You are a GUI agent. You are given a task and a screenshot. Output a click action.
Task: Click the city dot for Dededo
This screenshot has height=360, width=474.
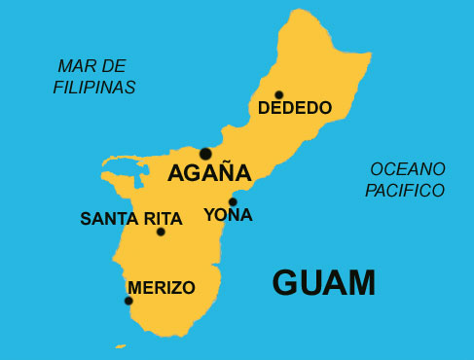tap(278, 95)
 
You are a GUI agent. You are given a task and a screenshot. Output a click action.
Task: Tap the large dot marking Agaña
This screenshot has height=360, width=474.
tap(205, 153)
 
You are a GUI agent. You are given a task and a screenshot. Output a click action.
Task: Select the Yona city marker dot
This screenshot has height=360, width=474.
tap(233, 202)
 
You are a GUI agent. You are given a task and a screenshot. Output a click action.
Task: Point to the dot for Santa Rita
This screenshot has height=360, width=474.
tap(161, 232)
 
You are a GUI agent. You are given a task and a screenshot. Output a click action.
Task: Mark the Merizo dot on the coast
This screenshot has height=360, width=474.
tap(128, 301)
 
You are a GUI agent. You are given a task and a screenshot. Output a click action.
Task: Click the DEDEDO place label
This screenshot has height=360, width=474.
tap(295, 108)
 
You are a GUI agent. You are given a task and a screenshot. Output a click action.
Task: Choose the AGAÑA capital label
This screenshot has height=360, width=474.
tap(209, 174)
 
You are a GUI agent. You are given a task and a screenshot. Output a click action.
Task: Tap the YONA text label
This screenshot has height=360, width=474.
tap(229, 215)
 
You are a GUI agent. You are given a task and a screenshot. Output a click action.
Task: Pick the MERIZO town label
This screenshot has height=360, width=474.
tap(161, 288)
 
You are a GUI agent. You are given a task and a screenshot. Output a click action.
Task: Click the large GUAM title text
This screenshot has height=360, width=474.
tap(323, 282)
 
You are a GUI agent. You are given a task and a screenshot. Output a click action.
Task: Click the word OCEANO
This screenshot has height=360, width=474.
tap(407, 169)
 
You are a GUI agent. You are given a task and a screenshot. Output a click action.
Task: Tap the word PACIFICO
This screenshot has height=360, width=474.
tap(405, 191)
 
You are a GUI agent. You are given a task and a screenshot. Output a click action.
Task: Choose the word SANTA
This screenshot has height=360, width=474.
tap(109, 218)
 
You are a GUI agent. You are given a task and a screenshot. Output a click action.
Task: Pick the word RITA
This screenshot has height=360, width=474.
tap(163, 218)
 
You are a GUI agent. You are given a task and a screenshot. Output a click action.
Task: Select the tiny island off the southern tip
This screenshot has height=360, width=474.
tap(120, 345)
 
